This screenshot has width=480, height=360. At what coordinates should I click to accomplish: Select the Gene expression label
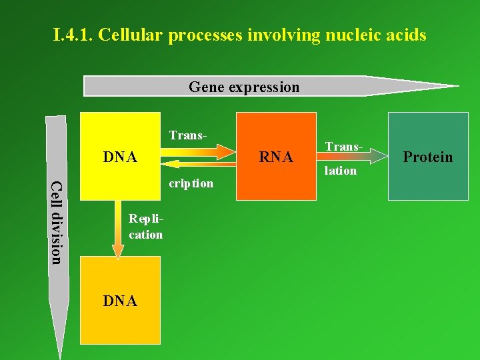point(244,87)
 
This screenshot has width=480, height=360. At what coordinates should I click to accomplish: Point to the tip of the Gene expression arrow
point(457,86)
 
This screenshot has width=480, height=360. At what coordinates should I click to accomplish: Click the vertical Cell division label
point(57,222)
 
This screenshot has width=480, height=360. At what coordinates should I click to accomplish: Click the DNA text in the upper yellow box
point(120,157)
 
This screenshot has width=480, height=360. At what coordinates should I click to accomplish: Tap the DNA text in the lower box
point(120,301)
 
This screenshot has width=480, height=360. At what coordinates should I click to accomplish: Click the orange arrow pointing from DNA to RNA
point(200,151)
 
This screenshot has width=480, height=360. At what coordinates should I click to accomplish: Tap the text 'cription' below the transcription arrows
point(191,183)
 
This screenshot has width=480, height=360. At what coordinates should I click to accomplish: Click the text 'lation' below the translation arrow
point(341,171)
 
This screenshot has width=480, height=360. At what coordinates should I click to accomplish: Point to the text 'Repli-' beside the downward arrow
point(146,219)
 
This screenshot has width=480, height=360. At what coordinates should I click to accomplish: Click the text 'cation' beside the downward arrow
point(146,234)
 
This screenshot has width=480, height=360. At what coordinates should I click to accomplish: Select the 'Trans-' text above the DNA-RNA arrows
point(188,135)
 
